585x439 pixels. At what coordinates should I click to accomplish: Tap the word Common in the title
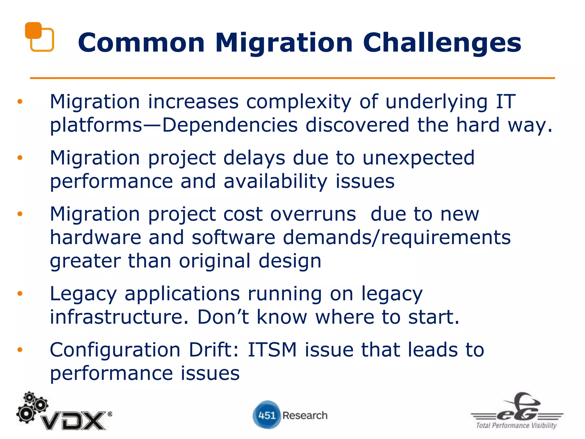tap(141, 43)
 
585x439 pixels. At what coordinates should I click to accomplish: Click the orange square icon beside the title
tap(39, 37)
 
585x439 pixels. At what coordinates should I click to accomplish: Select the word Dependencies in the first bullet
tap(230, 125)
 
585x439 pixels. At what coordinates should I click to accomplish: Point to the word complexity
tap(298, 102)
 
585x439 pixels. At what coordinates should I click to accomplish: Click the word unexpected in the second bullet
tap(418, 158)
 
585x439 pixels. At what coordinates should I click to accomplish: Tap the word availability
tap(275, 181)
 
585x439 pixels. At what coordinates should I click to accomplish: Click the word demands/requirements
tap(396, 238)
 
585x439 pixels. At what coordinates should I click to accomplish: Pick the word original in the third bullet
tap(215, 261)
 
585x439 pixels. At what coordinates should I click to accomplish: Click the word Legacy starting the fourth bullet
tap(83, 294)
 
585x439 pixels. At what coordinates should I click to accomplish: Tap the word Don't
tap(223, 317)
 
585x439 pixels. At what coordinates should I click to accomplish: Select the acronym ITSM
tap(272, 350)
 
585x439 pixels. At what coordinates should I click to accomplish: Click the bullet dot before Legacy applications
tap(20, 294)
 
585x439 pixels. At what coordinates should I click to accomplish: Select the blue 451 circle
tap(267, 415)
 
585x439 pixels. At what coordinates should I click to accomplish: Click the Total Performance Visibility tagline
tap(516, 425)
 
